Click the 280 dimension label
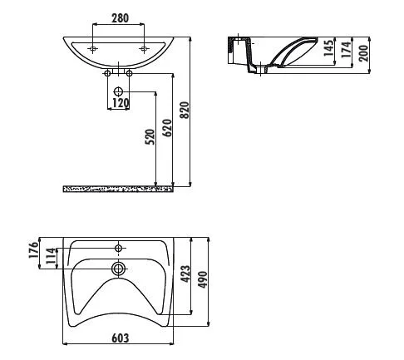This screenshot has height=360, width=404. coord(120,17)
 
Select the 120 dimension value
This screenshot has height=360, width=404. coord(121,103)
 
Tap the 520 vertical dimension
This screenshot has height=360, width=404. coord(150,138)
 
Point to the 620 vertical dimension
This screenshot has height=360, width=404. coord(166,127)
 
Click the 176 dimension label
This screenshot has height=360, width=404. coord(33,250)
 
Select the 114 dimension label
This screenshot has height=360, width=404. coord(51,255)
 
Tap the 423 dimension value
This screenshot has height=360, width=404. coord(185,273)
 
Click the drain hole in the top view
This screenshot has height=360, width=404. coord(120,269)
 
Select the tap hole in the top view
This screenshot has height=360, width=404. coord(120,248)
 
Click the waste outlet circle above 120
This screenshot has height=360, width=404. coord(120,90)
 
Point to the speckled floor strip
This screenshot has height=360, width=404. coord(119,189)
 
